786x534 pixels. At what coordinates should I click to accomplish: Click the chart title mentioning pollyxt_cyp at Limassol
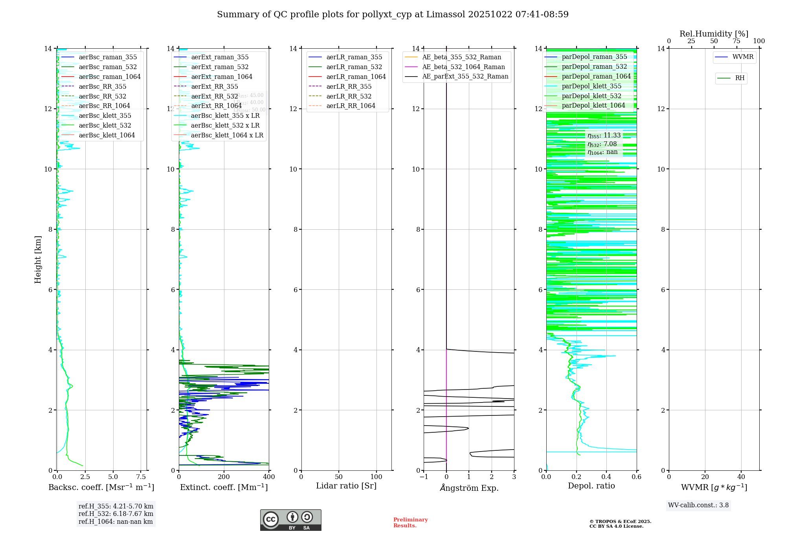click(x=393, y=15)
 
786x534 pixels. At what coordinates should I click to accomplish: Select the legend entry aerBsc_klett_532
click(x=105, y=125)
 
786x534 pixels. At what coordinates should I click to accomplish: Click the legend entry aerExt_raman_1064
click(x=222, y=77)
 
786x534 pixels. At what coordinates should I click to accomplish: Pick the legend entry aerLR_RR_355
click(x=349, y=86)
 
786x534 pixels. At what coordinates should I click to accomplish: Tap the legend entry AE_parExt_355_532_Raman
click(x=465, y=76)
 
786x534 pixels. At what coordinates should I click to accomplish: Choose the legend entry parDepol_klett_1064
click(x=593, y=105)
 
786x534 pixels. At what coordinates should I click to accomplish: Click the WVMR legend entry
click(x=742, y=57)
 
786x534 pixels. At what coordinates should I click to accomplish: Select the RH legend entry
click(x=739, y=78)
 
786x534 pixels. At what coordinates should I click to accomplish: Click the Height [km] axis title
click(x=38, y=259)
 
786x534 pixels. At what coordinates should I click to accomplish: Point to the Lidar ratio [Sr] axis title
click(x=346, y=486)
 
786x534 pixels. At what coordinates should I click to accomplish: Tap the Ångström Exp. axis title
click(x=469, y=488)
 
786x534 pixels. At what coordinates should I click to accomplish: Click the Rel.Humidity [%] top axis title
click(x=714, y=34)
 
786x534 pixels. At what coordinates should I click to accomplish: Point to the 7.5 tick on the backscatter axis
click(x=141, y=477)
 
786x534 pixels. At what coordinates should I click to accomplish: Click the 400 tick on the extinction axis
click(x=269, y=477)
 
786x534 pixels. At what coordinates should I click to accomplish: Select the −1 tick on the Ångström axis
click(x=424, y=477)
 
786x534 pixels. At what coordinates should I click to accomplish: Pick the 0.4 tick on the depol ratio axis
click(x=606, y=477)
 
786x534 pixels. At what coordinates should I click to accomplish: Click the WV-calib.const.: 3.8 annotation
click(x=698, y=505)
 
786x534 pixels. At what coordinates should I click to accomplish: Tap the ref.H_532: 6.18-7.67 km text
click(x=116, y=514)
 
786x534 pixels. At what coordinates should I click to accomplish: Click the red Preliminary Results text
click(x=410, y=522)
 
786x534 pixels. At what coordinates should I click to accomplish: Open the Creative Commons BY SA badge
click(x=290, y=520)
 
